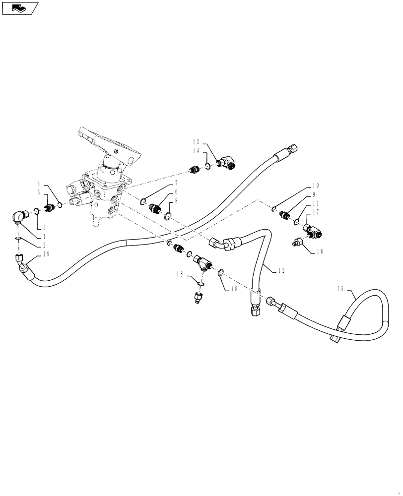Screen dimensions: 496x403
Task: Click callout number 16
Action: click(318, 251)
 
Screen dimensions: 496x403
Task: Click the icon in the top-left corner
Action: click(19, 8)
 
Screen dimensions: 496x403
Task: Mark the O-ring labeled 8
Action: click(168, 216)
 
